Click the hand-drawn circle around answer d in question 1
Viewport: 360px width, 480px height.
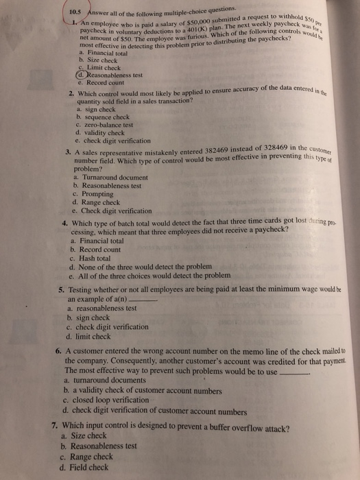83,75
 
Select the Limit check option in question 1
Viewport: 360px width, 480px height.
104,67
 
